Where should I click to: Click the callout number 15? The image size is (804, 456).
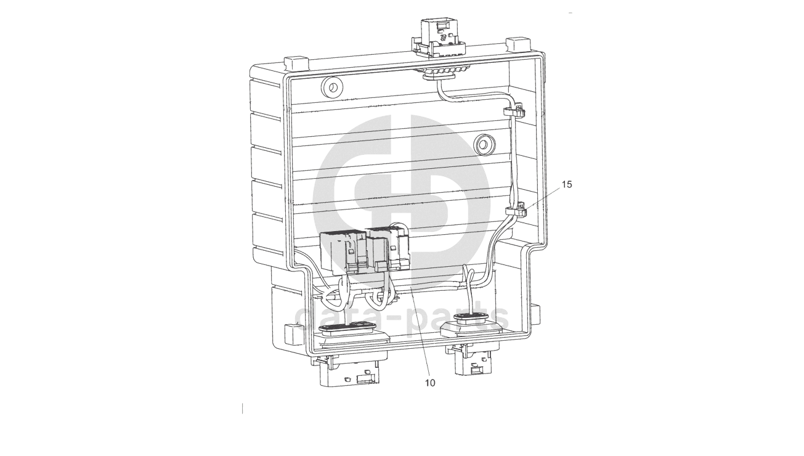tap(567, 184)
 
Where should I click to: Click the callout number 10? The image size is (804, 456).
tap(430, 383)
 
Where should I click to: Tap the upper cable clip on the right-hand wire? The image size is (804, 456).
tap(514, 110)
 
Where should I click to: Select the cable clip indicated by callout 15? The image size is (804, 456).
tap(516, 211)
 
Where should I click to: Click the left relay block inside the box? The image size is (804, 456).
tap(344, 252)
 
